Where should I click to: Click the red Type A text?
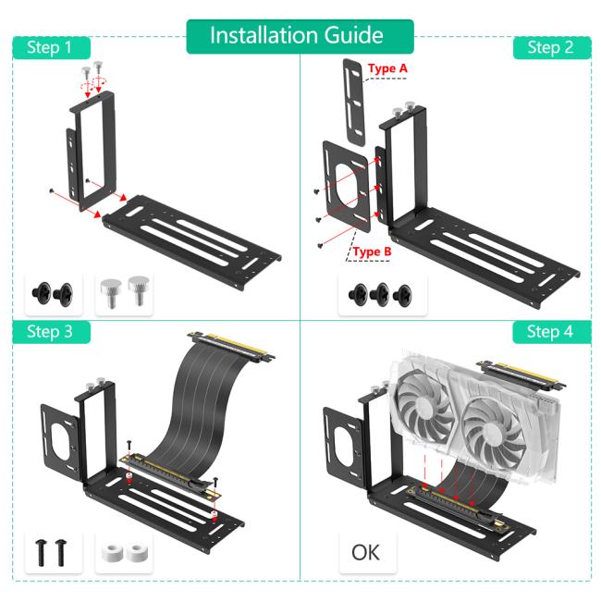[x=387, y=69]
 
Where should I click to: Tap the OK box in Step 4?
[x=365, y=553]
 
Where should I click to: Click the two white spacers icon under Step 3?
[x=124, y=553]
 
